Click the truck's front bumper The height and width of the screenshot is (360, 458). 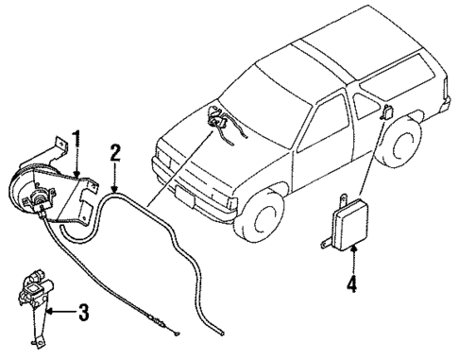(198, 193)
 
